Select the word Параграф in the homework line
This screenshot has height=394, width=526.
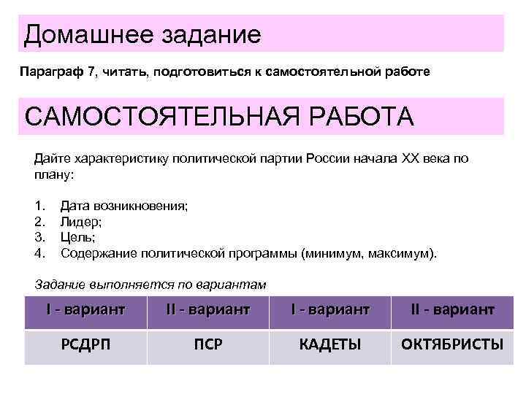pyautogui.click(x=45, y=73)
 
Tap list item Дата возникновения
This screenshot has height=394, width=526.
pyautogui.click(x=124, y=206)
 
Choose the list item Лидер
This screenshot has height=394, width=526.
pyautogui.click(x=80, y=222)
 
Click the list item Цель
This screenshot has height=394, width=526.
pyautogui.click(x=77, y=238)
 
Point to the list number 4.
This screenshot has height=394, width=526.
pyautogui.click(x=40, y=254)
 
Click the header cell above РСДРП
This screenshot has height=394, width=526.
pyautogui.click(x=85, y=310)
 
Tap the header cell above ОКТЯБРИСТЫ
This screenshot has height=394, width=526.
pyautogui.click(x=452, y=310)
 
